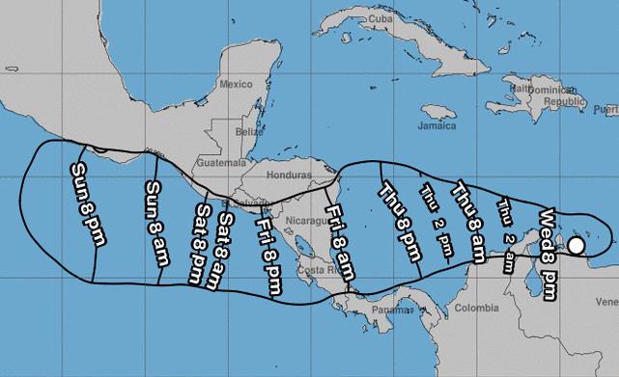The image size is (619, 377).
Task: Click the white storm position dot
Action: [x=576, y=246]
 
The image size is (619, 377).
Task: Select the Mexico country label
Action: [x=235, y=85]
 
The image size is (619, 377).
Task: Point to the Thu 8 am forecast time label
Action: [x=468, y=220]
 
